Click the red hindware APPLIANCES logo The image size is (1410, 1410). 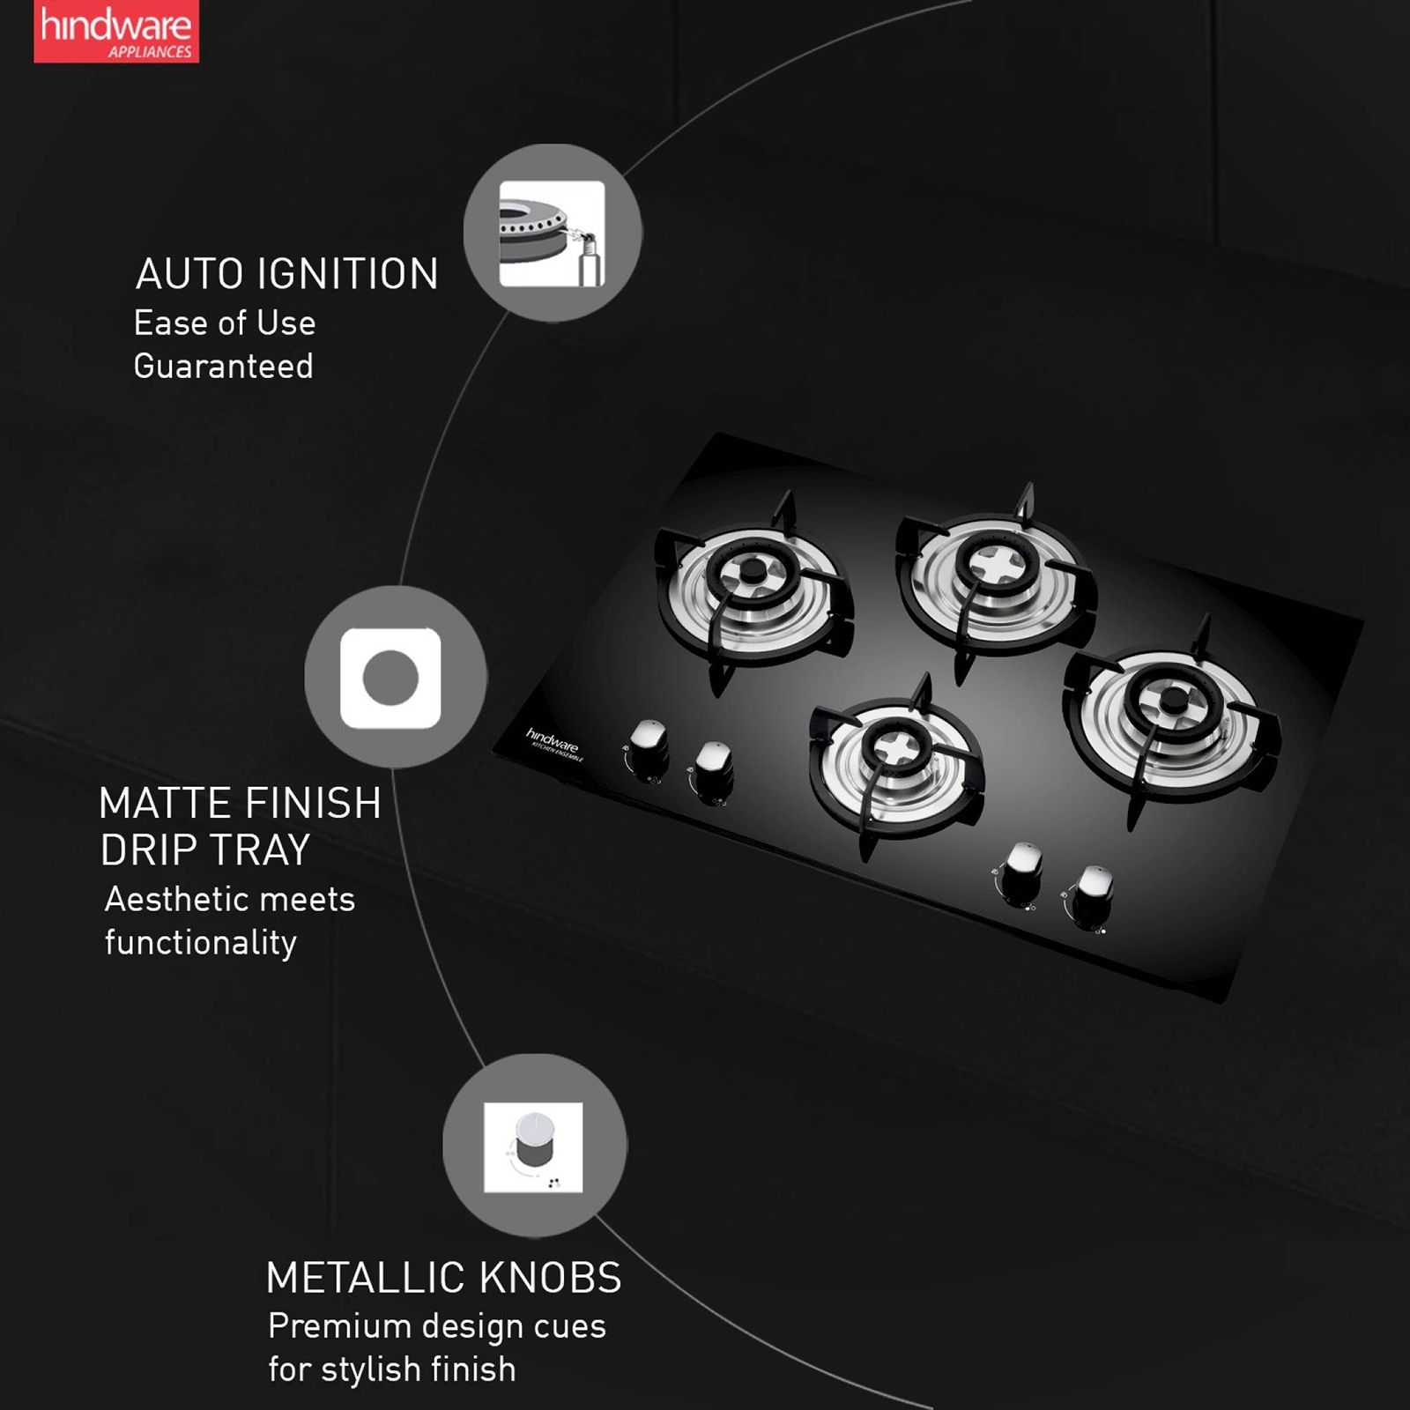pos(115,32)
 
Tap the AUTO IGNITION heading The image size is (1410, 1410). pos(286,274)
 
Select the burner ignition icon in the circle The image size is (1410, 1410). pos(552,234)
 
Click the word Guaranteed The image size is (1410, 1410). pos(223,367)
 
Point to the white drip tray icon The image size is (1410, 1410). pos(390,678)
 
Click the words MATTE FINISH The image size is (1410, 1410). pos(240,804)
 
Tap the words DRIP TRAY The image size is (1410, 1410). pos(204,850)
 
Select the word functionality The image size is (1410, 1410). pos(200,943)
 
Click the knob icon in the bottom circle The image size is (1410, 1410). pos(533,1147)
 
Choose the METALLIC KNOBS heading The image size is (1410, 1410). pos(443,1278)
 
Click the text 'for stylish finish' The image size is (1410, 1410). pos(391,1369)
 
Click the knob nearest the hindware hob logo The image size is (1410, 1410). pos(648,745)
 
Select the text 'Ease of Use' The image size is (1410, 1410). pos(225,323)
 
